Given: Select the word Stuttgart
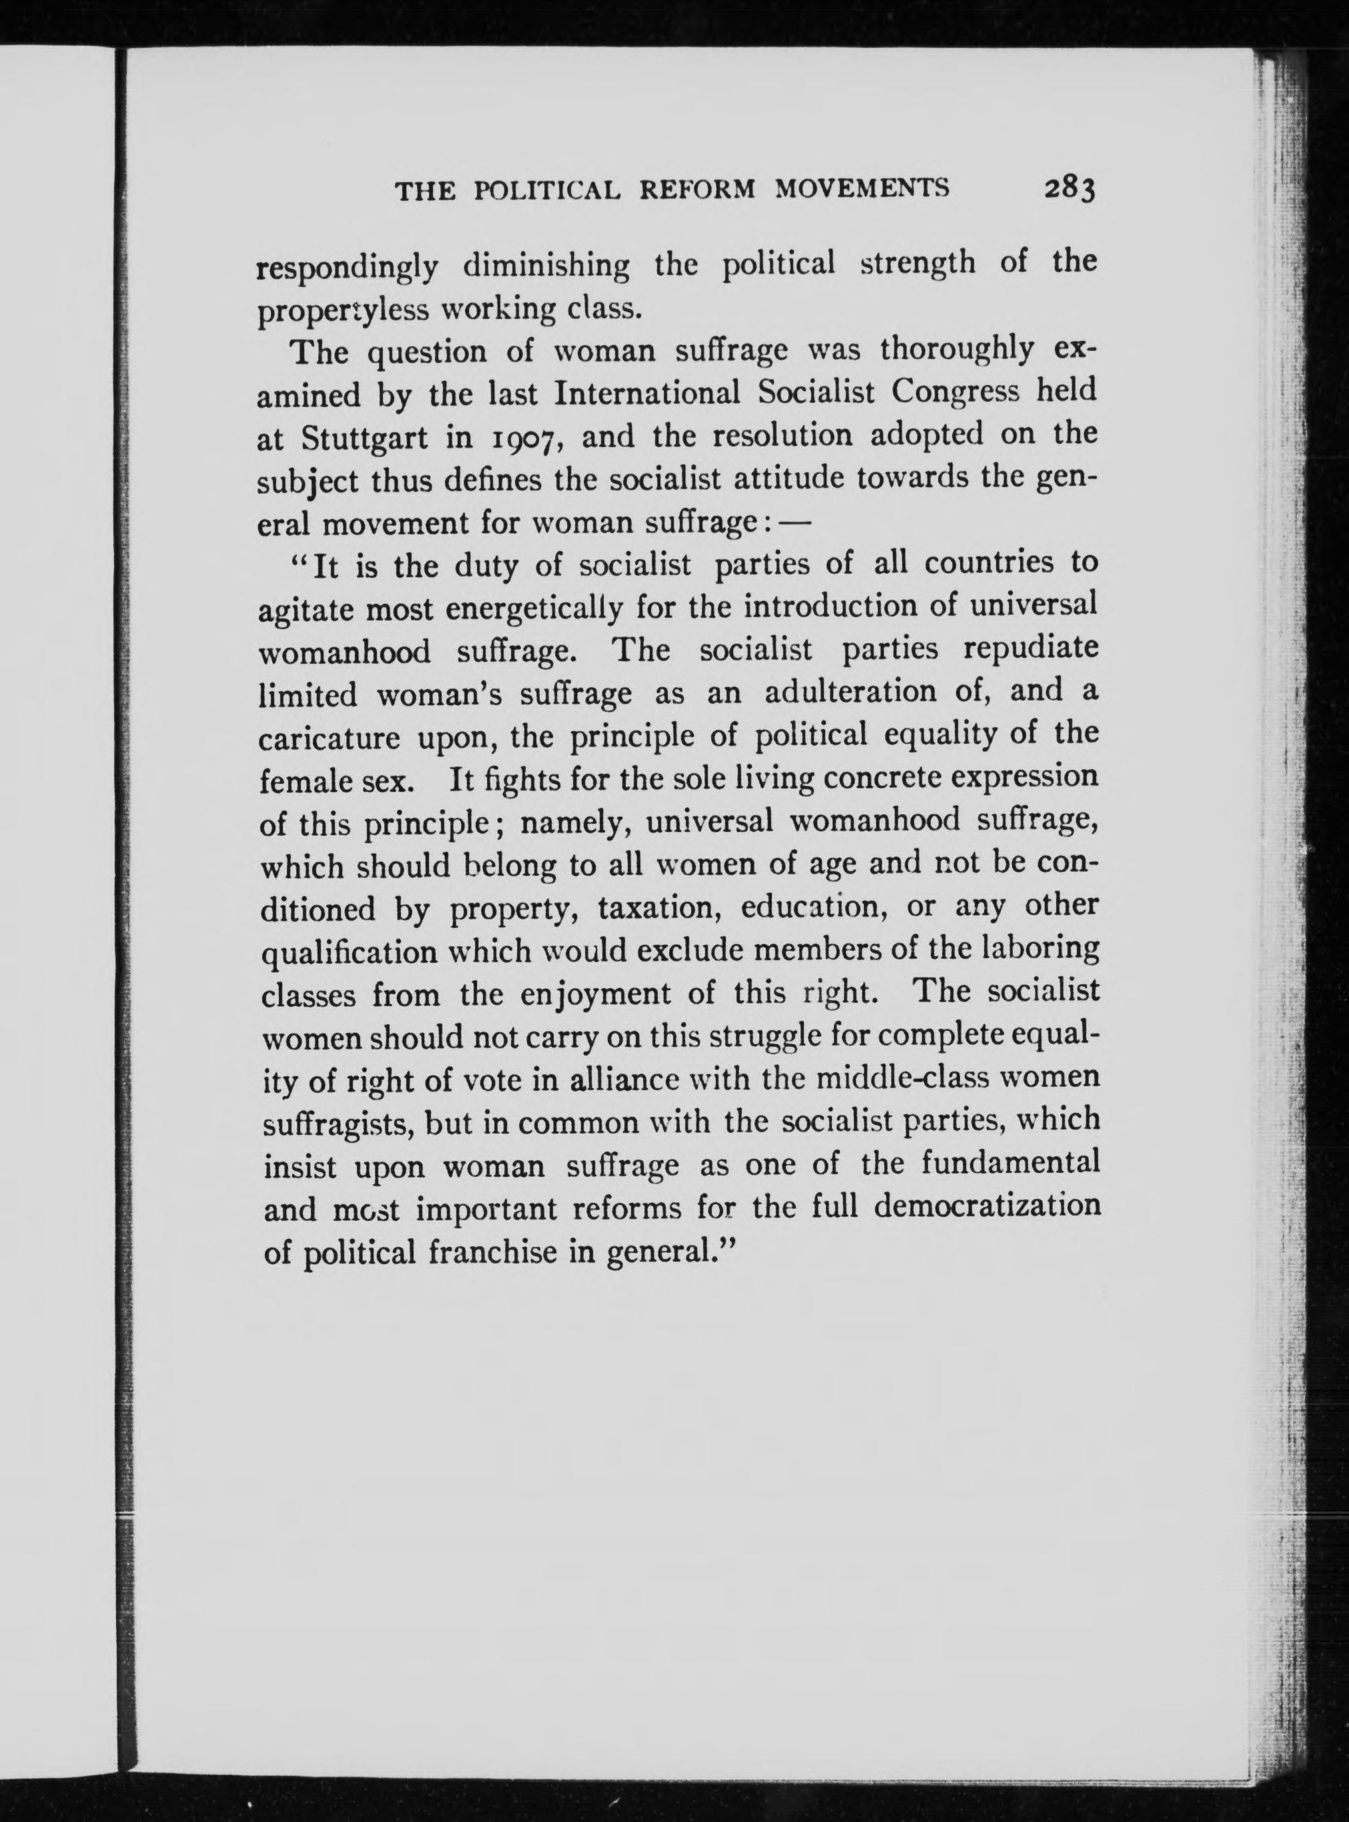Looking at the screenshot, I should [x=364, y=438].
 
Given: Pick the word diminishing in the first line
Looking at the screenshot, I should [x=546, y=266].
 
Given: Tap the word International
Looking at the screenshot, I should [x=646, y=394].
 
